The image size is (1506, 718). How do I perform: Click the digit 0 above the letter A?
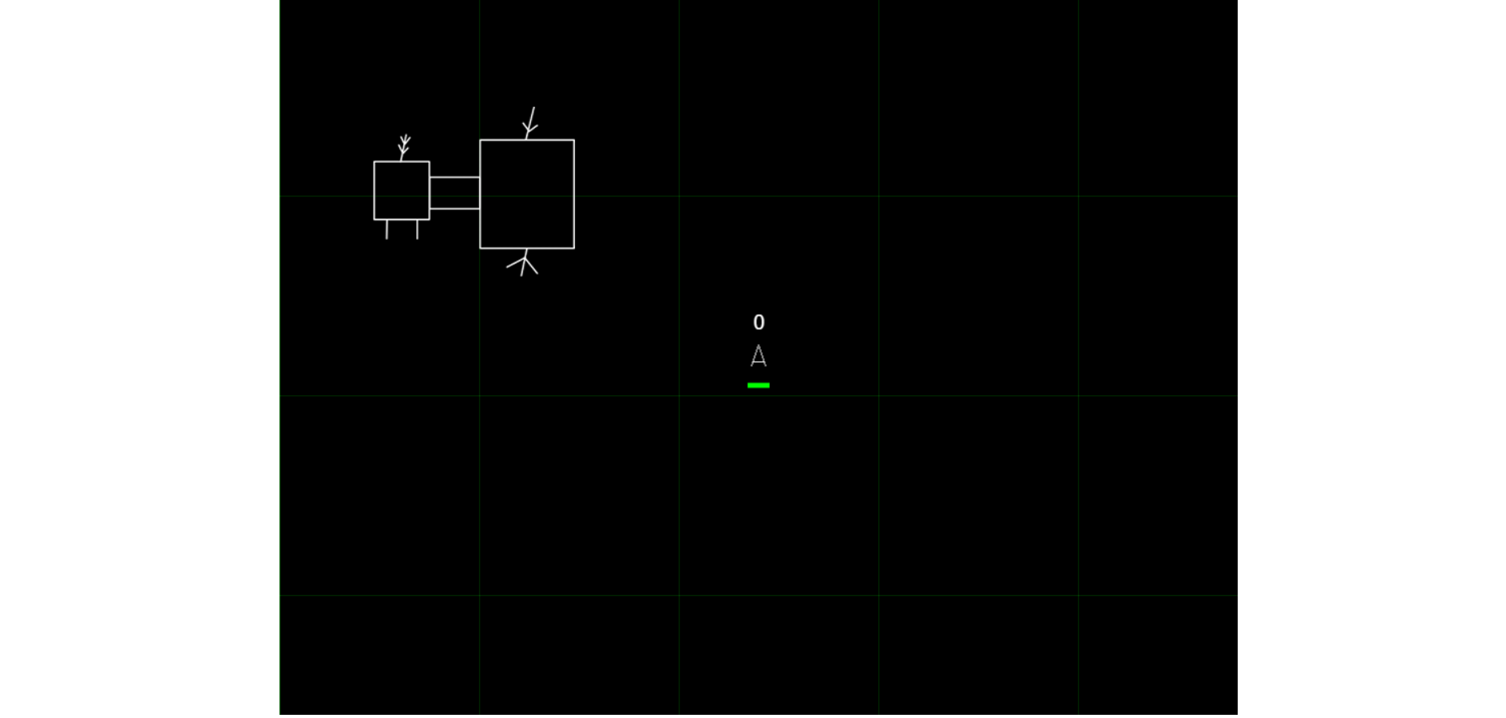pyautogui.click(x=759, y=322)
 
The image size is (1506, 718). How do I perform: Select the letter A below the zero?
pyautogui.click(x=759, y=356)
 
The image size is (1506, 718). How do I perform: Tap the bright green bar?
pyautogui.click(x=759, y=386)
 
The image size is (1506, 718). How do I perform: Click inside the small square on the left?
pyautogui.click(x=402, y=191)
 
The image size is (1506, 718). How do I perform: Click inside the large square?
pyautogui.click(x=527, y=194)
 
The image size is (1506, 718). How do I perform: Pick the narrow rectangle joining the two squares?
pyautogui.click(x=454, y=192)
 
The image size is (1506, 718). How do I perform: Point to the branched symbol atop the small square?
pyautogui.click(x=404, y=148)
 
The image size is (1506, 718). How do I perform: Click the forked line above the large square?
pyautogui.click(x=530, y=124)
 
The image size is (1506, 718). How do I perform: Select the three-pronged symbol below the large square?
pyautogui.click(x=524, y=263)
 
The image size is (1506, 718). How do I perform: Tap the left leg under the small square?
pyautogui.click(x=387, y=229)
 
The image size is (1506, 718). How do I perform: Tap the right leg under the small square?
pyautogui.click(x=418, y=229)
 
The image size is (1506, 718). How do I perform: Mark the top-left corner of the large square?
pyautogui.click(x=480, y=140)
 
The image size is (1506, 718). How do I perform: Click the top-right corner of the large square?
pyautogui.click(x=574, y=140)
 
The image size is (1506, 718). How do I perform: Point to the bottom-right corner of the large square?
pyautogui.click(x=574, y=248)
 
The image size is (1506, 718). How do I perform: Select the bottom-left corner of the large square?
pyautogui.click(x=480, y=248)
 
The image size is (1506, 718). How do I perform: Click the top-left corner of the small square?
pyautogui.click(x=375, y=162)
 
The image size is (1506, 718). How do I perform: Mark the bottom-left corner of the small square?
pyautogui.click(x=375, y=219)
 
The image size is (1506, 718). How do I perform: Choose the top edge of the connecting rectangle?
pyautogui.click(x=454, y=177)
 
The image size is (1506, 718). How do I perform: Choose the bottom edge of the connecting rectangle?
pyautogui.click(x=454, y=208)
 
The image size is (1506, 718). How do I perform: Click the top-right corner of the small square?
pyautogui.click(x=430, y=162)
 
